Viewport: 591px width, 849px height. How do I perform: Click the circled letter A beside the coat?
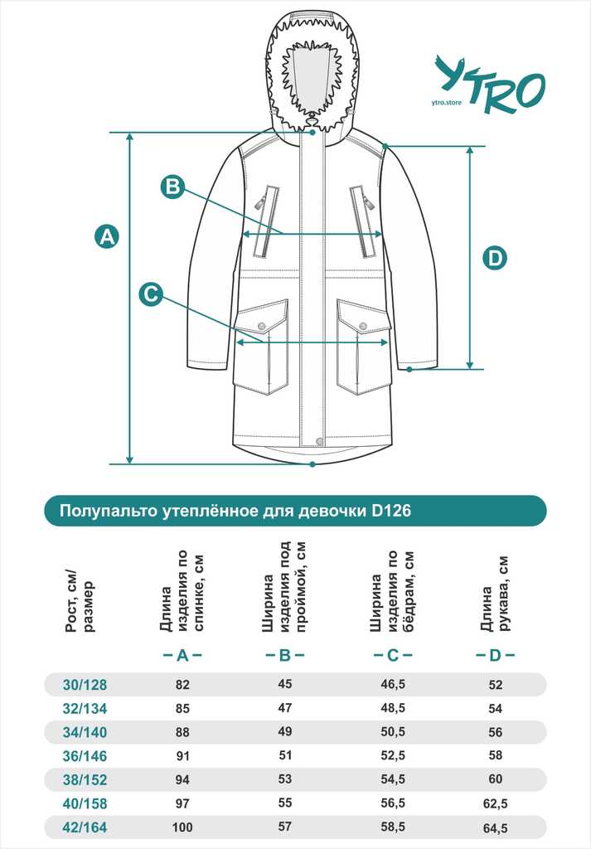click(107, 236)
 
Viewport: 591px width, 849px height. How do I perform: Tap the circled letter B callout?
click(172, 187)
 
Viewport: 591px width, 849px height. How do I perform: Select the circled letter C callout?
click(151, 294)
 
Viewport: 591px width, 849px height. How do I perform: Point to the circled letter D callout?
click(495, 258)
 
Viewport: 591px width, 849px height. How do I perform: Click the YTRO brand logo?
click(490, 85)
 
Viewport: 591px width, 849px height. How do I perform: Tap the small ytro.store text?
click(447, 102)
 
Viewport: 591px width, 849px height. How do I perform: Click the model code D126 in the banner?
click(391, 511)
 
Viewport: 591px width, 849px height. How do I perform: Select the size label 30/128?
click(85, 685)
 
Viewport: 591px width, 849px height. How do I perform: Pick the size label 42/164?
click(85, 827)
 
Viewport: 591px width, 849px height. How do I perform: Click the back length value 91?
click(182, 756)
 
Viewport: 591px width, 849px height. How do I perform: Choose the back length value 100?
click(182, 827)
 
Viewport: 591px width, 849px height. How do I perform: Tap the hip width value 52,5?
click(393, 755)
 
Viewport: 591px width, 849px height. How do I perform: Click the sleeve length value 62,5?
click(495, 803)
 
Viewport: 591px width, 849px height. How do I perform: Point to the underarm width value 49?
click(284, 731)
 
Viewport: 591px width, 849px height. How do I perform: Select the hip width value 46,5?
click(393, 684)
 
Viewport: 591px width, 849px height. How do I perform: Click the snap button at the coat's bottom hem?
click(319, 441)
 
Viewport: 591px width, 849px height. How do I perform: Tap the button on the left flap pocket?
click(262, 326)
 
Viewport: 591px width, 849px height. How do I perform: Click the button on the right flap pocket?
click(363, 326)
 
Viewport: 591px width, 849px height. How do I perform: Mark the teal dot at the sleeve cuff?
click(409, 369)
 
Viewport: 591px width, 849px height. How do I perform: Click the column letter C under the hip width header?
click(393, 656)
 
